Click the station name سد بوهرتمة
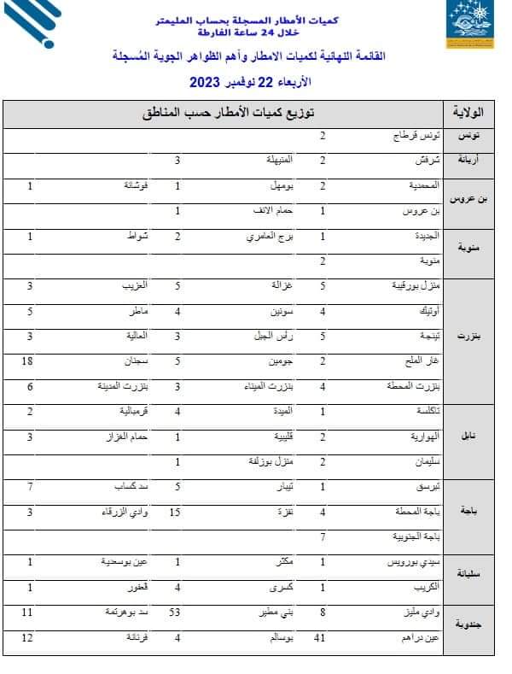click(127, 612)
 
